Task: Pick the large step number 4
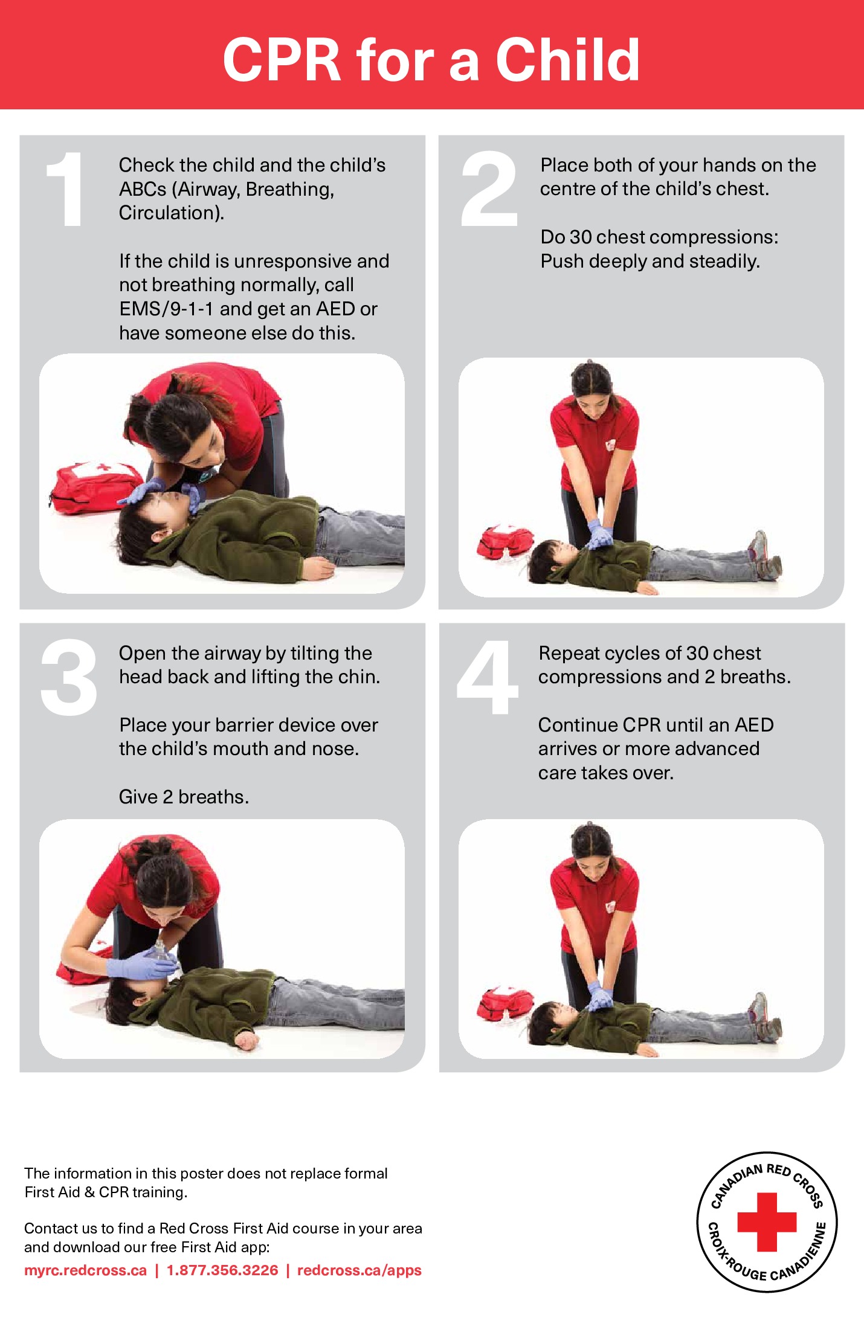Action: [488, 677]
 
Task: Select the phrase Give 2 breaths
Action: [184, 797]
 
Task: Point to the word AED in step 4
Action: [754, 725]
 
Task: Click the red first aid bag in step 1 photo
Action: [97, 487]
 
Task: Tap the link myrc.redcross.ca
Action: [85, 1270]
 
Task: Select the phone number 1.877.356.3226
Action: [222, 1270]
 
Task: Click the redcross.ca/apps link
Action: [359, 1270]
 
